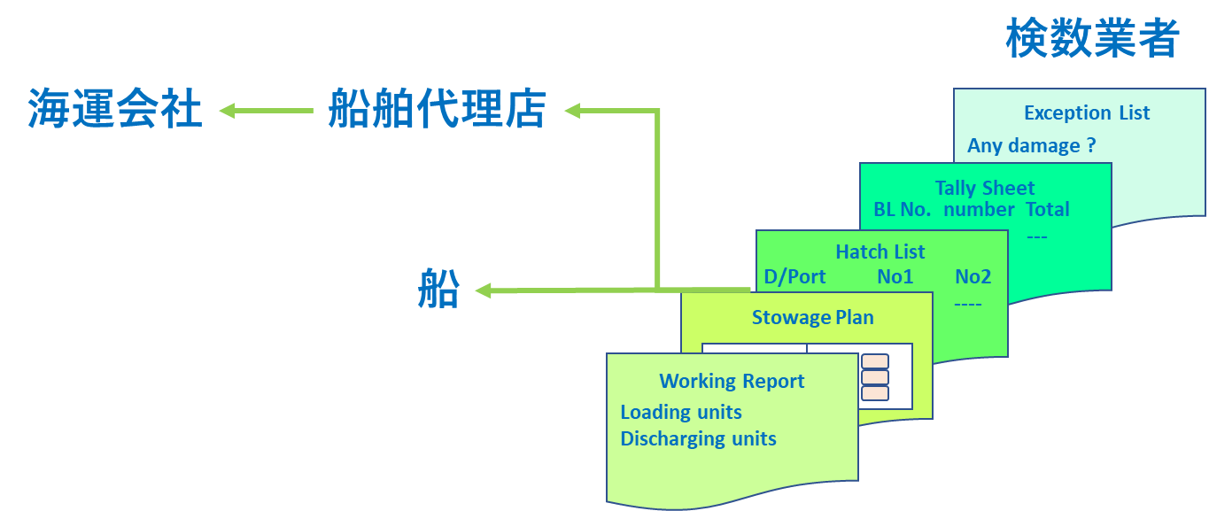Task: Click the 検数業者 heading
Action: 1092,38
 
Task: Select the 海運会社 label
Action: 115,108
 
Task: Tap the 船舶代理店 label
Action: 438,108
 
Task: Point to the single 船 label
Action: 438,289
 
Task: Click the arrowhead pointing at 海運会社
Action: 228,111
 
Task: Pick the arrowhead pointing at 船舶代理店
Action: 573,111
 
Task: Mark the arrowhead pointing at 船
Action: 483,290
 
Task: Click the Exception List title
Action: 1087,112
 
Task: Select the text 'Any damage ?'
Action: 1032,146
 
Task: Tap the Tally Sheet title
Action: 985,188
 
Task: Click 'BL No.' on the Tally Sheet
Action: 902,209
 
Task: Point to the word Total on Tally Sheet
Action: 1048,209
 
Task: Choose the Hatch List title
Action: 880,252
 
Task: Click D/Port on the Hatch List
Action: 794,277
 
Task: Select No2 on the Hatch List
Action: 973,277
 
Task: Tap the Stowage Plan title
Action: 813,317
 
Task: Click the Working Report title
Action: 732,381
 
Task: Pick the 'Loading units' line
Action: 681,412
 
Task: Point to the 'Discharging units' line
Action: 699,438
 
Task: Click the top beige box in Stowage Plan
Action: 875,361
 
